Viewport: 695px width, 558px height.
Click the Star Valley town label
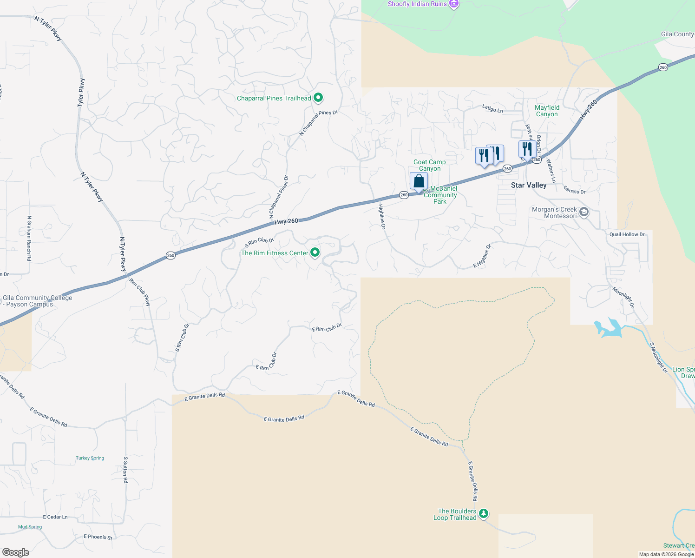529,185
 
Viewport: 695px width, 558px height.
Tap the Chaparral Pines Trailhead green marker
318,98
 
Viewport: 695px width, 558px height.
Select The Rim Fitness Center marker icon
315,252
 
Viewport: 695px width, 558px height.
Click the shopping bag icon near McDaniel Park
419,181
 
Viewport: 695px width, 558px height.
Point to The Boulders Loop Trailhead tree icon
484,513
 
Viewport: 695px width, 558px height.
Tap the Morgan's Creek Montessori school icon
584,213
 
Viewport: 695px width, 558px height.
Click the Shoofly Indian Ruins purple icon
454,4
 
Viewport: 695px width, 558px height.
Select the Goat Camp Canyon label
430,165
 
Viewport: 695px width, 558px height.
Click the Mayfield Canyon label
547,111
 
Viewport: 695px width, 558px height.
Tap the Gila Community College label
37,301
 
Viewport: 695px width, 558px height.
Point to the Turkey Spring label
90,458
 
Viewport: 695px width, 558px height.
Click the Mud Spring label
30,527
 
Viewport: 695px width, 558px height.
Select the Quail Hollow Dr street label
627,234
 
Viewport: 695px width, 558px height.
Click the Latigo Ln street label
492,109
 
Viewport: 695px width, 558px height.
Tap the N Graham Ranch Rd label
29,238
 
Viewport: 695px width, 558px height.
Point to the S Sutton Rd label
125,470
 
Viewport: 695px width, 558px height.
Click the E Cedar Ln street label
55,517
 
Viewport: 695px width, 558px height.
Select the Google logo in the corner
16,552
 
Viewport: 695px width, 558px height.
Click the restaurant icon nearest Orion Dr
527,149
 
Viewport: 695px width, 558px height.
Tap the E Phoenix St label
98,537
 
